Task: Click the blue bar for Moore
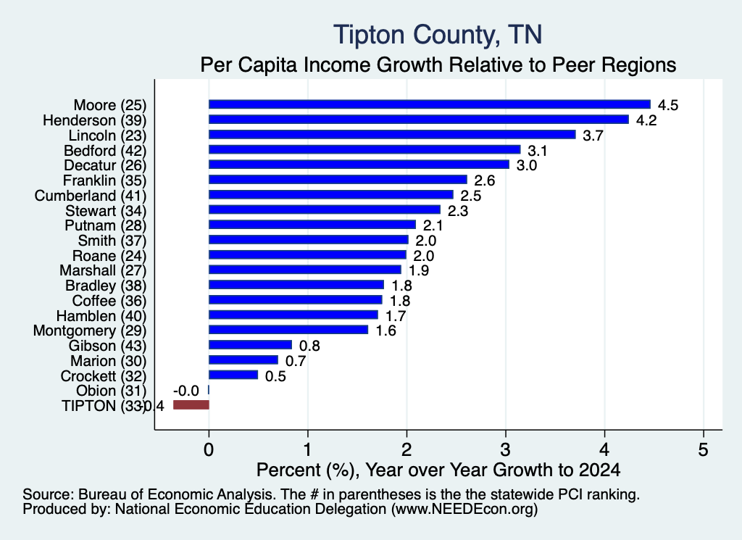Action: tap(430, 104)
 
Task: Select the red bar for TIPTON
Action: tap(191, 404)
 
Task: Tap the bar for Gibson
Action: tap(250, 345)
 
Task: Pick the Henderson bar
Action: tap(419, 120)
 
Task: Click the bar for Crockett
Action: tap(233, 375)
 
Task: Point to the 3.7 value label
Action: tap(593, 136)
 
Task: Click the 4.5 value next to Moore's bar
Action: tap(667, 105)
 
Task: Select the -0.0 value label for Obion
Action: tap(186, 391)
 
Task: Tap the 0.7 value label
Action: tap(296, 361)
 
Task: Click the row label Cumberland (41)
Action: tap(91, 196)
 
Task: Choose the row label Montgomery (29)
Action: tap(90, 331)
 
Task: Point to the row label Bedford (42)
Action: tap(105, 151)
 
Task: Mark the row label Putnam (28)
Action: tap(106, 225)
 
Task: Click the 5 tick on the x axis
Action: tap(703, 449)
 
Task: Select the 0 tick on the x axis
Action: tap(209, 449)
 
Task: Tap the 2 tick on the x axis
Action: tap(407, 449)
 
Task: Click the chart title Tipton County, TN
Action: tap(438, 35)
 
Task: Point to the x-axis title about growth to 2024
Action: tap(438, 470)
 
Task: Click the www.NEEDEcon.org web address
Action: tap(464, 510)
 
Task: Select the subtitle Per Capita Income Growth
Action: tap(438, 65)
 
